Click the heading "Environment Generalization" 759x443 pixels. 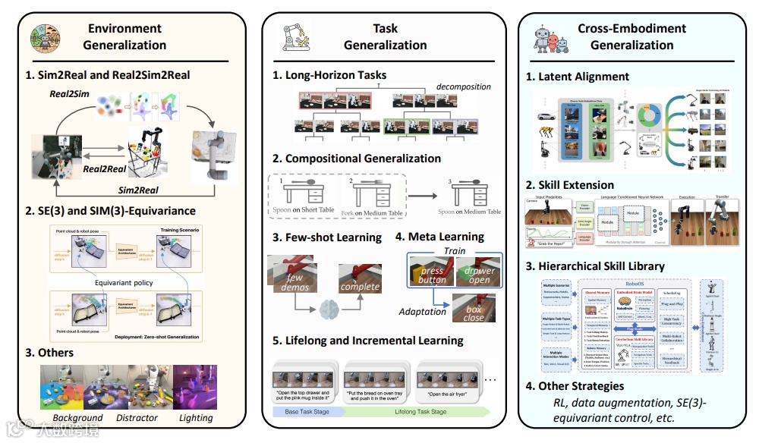[125, 36]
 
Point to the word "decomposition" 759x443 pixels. [463, 86]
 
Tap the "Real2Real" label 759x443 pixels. [104, 170]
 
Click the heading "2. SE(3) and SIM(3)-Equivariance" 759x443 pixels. [110, 210]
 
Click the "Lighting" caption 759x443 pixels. [197, 418]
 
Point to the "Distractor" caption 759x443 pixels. [137, 418]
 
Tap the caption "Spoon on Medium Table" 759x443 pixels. [470, 212]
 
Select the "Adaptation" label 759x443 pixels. [424, 312]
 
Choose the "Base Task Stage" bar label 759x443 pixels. [308, 411]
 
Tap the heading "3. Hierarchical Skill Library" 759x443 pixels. [595, 265]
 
